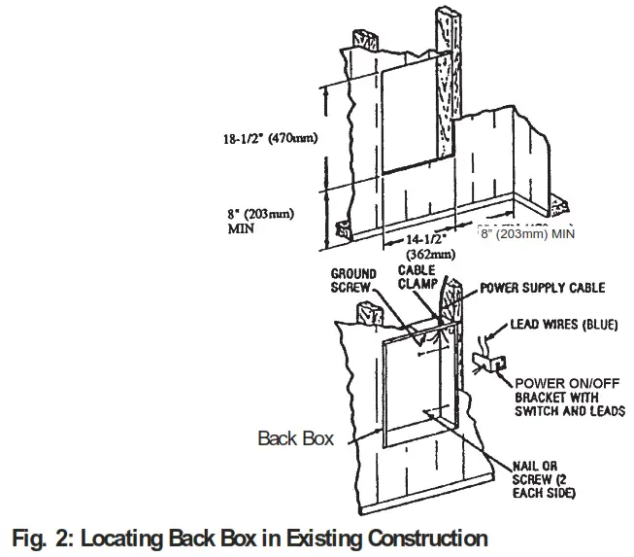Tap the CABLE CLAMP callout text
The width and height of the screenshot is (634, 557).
point(421,277)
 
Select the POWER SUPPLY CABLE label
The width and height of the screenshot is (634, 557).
point(544,289)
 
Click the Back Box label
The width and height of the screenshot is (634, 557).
point(295,438)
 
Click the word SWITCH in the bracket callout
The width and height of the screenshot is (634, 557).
point(538,411)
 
